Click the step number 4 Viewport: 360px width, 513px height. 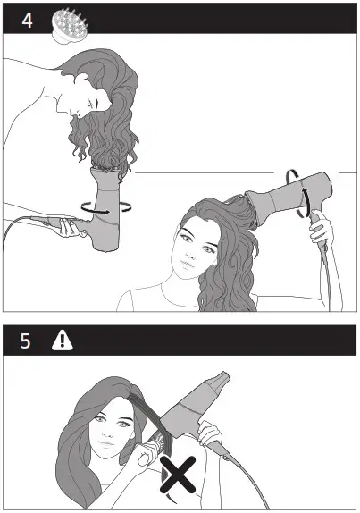pyautogui.click(x=28, y=19)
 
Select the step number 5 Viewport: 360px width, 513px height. pyautogui.click(x=28, y=341)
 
